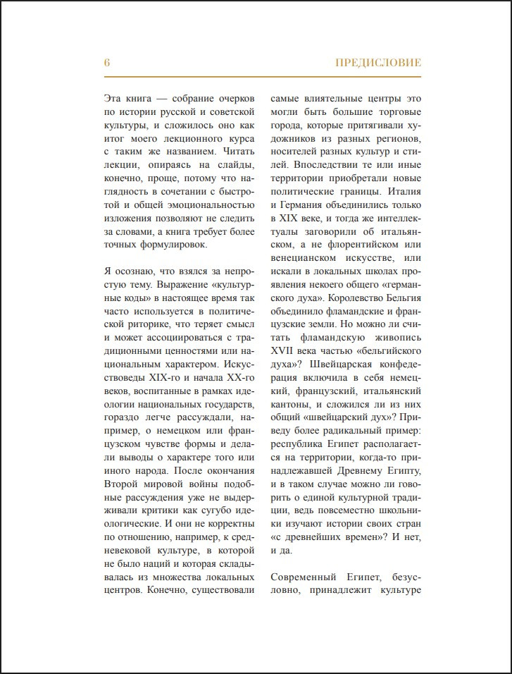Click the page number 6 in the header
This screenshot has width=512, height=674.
click(107, 63)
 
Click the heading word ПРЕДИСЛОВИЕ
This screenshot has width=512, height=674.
click(378, 63)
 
